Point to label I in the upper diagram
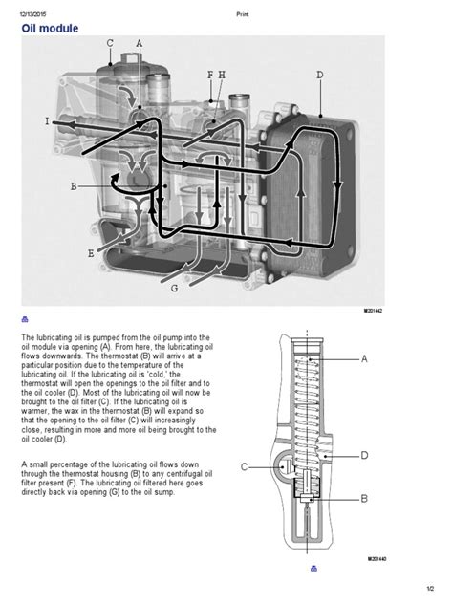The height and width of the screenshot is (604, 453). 47,121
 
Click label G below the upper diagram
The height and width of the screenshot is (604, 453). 174,287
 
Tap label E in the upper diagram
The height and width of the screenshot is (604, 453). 91,253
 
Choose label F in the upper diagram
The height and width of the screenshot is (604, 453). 210,75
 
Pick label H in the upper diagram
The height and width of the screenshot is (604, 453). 222,75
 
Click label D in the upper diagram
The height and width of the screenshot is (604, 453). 319,75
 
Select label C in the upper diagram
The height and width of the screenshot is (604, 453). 110,44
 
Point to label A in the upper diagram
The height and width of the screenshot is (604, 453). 139,44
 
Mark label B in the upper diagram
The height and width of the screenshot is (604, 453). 74,187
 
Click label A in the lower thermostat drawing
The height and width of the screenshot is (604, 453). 364,359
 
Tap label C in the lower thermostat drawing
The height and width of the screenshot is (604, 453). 244,466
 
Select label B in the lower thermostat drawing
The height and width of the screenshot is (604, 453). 364,498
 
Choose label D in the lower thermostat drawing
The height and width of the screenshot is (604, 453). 364,456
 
